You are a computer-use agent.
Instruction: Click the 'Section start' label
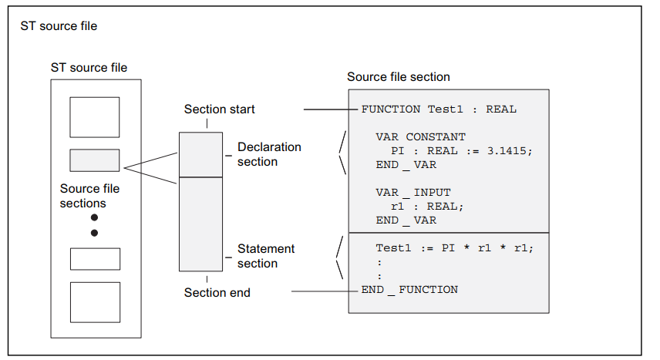219,109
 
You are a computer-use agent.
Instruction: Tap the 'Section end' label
217,293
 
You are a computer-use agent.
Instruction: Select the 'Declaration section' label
269,154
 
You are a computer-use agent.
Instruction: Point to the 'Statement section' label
266,256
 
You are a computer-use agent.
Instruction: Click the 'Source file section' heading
399,77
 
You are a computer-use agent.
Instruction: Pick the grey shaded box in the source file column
95,160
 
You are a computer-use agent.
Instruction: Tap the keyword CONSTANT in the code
436,137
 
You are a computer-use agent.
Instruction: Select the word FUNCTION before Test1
391,109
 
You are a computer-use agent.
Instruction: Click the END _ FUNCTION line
409,290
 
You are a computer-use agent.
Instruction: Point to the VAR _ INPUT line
413,193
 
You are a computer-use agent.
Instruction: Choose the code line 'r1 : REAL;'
427,207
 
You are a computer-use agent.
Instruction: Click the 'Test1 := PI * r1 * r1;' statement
455,248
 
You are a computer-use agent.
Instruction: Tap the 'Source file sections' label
89,196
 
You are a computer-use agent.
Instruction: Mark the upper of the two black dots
94,217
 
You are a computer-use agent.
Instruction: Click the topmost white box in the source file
95,117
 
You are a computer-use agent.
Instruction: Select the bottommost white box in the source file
95,302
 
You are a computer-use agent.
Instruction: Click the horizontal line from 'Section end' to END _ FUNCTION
325,291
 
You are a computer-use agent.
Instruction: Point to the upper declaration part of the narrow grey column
200,155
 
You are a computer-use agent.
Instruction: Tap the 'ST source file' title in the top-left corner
59,26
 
